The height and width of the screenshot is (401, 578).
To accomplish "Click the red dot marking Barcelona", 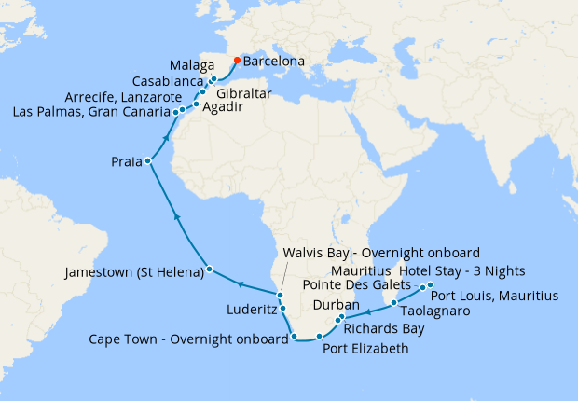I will [x=237, y=61].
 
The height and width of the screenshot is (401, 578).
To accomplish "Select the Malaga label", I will [x=192, y=66].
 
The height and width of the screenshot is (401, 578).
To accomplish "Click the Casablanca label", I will [x=166, y=81].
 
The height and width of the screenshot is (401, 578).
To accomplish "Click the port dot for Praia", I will [x=147, y=161].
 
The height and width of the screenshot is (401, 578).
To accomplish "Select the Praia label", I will [x=124, y=162].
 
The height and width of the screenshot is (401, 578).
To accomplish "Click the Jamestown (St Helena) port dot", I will [x=209, y=270].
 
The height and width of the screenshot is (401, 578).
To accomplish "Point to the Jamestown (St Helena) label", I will [x=134, y=273].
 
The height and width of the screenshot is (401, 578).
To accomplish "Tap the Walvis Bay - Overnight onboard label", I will [x=380, y=254].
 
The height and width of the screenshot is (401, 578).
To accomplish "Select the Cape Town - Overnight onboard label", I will [x=187, y=339].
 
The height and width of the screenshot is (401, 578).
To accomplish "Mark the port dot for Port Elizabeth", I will [x=319, y=336].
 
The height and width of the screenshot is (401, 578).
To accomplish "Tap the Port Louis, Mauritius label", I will [x=493, y=296].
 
